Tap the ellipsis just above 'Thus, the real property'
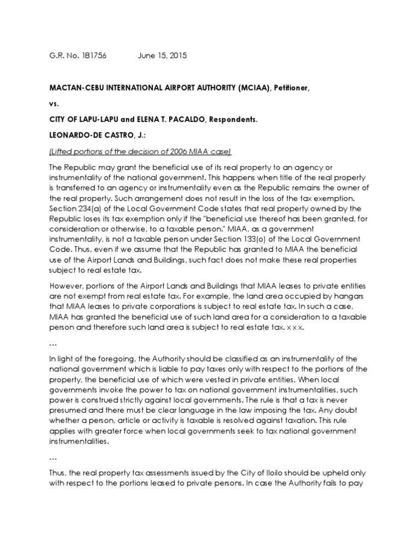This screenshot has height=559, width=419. tap(53, 459)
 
